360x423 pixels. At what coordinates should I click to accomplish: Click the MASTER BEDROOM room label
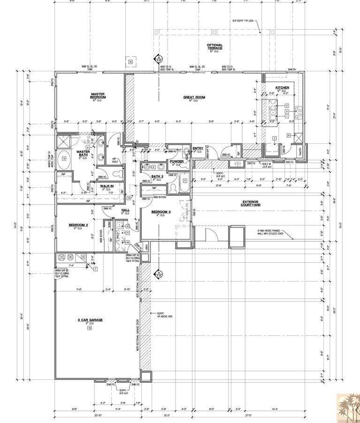point(98,95)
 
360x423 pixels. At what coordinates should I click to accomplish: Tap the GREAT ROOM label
point(194,97)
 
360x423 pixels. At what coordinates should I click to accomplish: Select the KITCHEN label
point(282,88)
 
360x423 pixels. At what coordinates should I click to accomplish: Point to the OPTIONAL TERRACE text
point(214,47)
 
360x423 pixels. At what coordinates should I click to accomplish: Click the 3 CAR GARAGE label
point(90,320)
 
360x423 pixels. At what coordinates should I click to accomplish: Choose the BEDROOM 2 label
point(76,225)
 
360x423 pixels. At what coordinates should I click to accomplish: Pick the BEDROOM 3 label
point(161,212)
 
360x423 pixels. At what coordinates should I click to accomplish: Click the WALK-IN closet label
point(107,186)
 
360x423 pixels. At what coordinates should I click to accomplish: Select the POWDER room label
point(176,161)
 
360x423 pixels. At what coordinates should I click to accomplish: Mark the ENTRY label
point(198,148)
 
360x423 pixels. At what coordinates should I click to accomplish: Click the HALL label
point(125,210)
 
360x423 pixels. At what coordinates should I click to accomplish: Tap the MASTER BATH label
point(83,153)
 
